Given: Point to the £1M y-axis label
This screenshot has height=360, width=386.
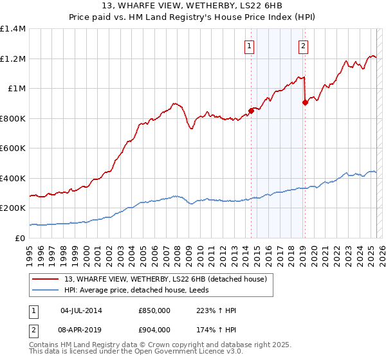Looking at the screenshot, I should click(16, 89).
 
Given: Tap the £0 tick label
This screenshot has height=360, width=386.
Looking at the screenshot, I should click(21, 238).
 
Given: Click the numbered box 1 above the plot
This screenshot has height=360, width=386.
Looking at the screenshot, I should click(249, 46).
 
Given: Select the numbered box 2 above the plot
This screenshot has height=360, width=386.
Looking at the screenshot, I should click(302, 46).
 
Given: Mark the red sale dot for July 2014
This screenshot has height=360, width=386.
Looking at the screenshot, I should click(251, 111).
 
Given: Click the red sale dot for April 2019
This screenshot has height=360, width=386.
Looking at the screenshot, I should click(305, 102).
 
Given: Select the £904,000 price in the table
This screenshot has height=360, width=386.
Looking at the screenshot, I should click(154, 329).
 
